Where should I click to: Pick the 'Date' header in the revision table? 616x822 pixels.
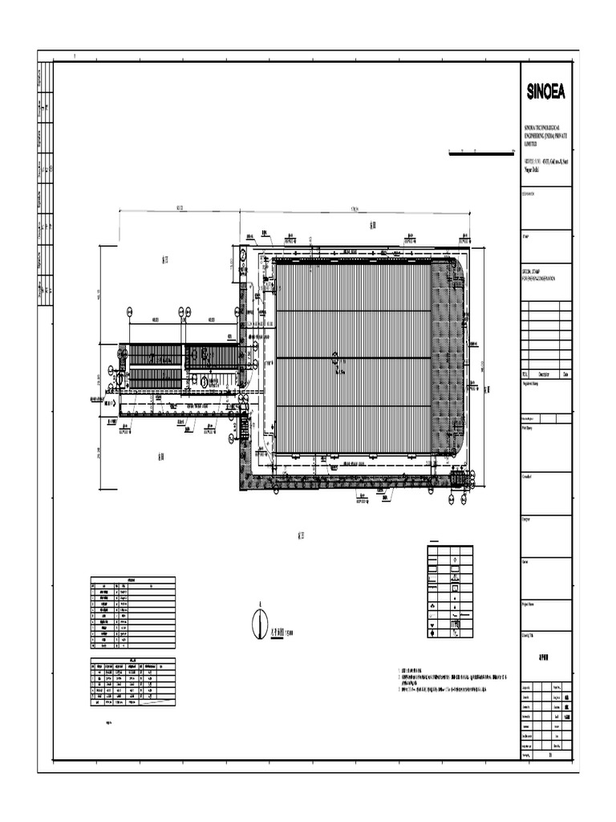566,373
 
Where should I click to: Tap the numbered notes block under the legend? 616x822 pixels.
454,678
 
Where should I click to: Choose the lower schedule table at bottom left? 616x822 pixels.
132,683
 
